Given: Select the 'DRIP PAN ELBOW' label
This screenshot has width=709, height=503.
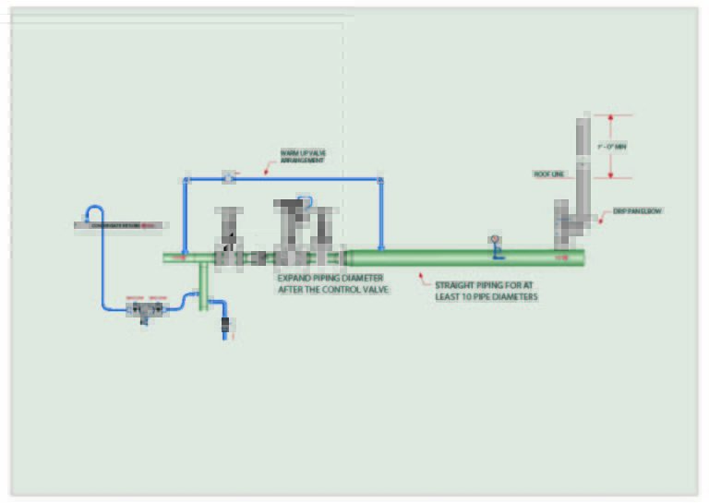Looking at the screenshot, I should (638, 211).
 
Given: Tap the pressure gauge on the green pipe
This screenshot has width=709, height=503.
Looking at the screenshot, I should (494, 240).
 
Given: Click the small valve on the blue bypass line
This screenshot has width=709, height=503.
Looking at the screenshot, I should (228, 176).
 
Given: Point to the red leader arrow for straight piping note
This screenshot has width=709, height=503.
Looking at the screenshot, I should (420, 274).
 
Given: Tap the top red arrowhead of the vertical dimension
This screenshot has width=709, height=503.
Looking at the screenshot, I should (610, 117).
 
